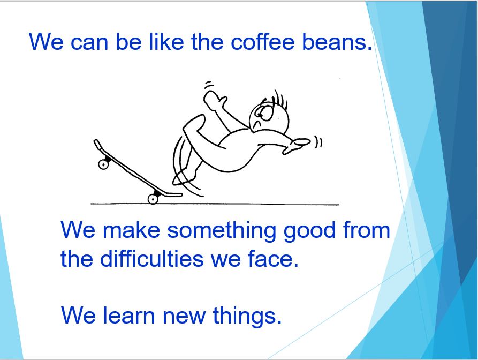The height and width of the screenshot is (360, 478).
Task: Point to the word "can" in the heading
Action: pos(89,43)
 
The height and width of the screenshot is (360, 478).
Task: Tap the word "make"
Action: pos(131,229)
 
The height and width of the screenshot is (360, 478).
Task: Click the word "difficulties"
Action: pos(151,258)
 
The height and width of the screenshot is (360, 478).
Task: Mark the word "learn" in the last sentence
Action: pos(128,315)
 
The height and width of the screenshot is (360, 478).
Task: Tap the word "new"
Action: pos(184,317)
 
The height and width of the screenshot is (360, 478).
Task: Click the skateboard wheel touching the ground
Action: pos(153,199)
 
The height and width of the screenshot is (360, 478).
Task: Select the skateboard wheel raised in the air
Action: pos(103,164)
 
